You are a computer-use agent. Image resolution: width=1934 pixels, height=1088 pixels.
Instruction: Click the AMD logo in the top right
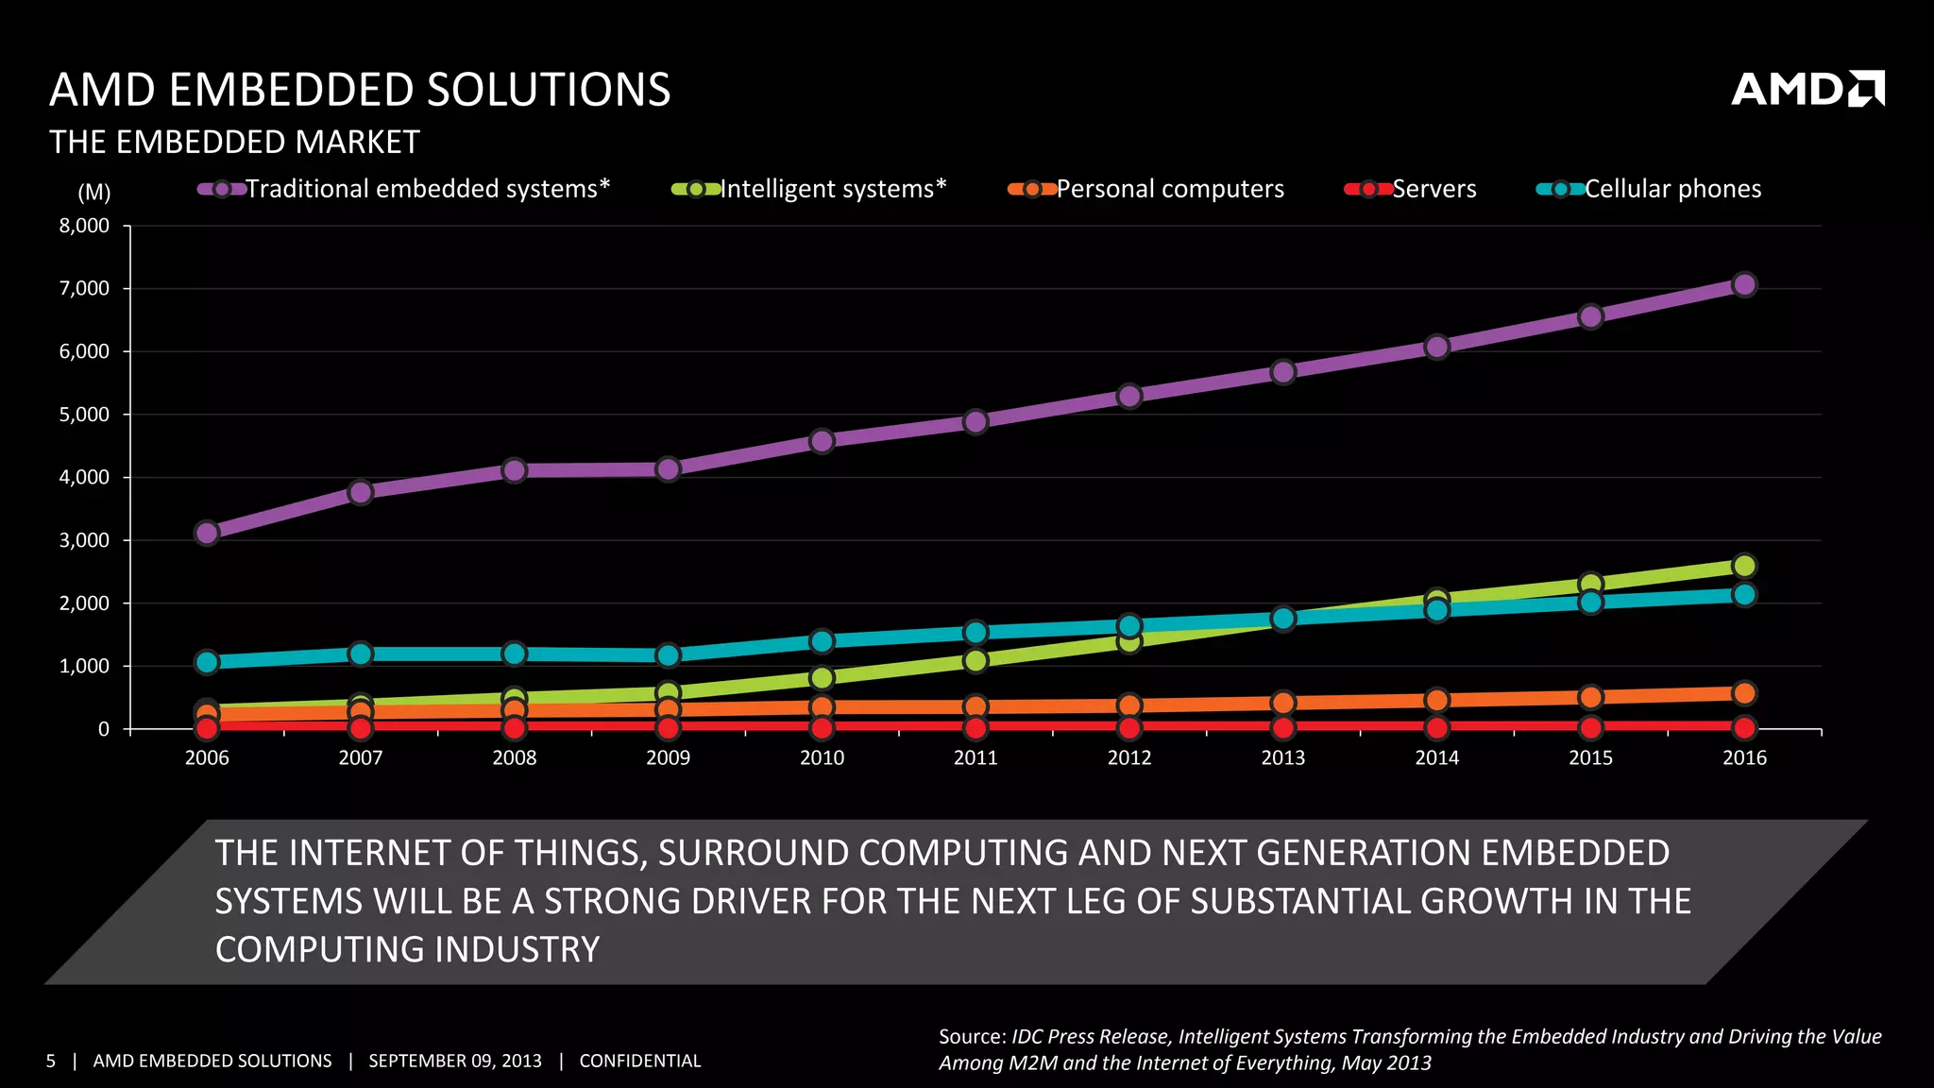[x=1807, y=89]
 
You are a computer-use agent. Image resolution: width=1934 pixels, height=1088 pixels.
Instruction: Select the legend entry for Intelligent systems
[x=810, y=189]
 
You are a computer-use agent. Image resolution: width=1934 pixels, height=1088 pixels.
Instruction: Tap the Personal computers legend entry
[x=1147, y=189]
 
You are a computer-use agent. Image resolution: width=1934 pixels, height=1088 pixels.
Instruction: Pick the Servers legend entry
[x=1412, y=189]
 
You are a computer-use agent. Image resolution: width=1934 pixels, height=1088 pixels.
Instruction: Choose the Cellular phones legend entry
[x=1650, y=189]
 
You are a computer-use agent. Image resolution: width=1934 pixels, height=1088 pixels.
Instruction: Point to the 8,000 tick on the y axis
[x=85, y=226]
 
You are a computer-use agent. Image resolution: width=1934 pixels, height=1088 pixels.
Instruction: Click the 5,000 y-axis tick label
[x=85, y=415]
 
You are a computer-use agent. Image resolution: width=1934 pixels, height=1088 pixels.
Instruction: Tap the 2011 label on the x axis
[x=975, y=757]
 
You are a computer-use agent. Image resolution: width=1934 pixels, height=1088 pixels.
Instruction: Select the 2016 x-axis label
[x=1744, y=757]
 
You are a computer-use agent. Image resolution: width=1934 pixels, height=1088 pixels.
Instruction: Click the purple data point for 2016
[x=1744, y=284]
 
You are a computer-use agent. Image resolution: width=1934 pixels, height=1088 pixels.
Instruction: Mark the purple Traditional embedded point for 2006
[x=207, y=533]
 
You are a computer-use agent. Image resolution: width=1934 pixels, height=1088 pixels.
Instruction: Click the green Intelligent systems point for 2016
[x=1744, y=566]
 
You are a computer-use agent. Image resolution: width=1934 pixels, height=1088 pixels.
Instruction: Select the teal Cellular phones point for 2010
[x=822, y=641]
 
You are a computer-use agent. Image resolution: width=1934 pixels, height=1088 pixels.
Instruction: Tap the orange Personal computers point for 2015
[x=1590, y=697]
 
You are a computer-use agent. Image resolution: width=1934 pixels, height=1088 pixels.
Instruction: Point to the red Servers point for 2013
[x=1282, y=727]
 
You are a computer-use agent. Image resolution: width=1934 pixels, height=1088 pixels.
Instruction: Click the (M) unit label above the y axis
[x=93, y=193]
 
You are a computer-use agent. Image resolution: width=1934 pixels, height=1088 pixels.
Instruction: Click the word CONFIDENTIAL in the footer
[x=639, y=1061]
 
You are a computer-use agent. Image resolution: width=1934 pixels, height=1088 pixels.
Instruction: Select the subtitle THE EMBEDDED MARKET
[x=234, y=142]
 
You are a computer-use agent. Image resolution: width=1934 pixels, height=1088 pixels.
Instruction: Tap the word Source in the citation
[x=972, y=1036]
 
